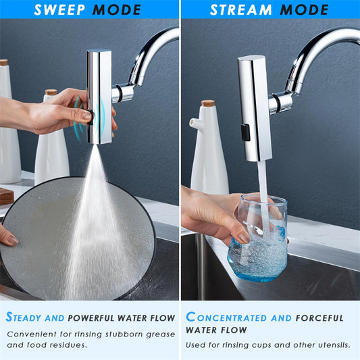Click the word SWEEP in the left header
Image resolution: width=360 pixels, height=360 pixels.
[59, 10]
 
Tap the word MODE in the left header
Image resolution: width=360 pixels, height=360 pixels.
[117, 10]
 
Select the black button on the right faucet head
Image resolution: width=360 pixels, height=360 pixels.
[246, 132]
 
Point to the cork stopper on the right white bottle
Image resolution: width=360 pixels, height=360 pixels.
[207, 103]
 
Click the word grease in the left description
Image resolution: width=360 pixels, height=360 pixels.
[160, 334]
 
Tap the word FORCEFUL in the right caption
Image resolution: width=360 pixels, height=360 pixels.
[319, 317]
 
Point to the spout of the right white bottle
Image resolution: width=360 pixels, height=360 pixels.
[193, 123]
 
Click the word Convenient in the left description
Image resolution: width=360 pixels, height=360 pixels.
[32, 334]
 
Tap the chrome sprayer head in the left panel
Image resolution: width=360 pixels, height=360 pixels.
[99, 95]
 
